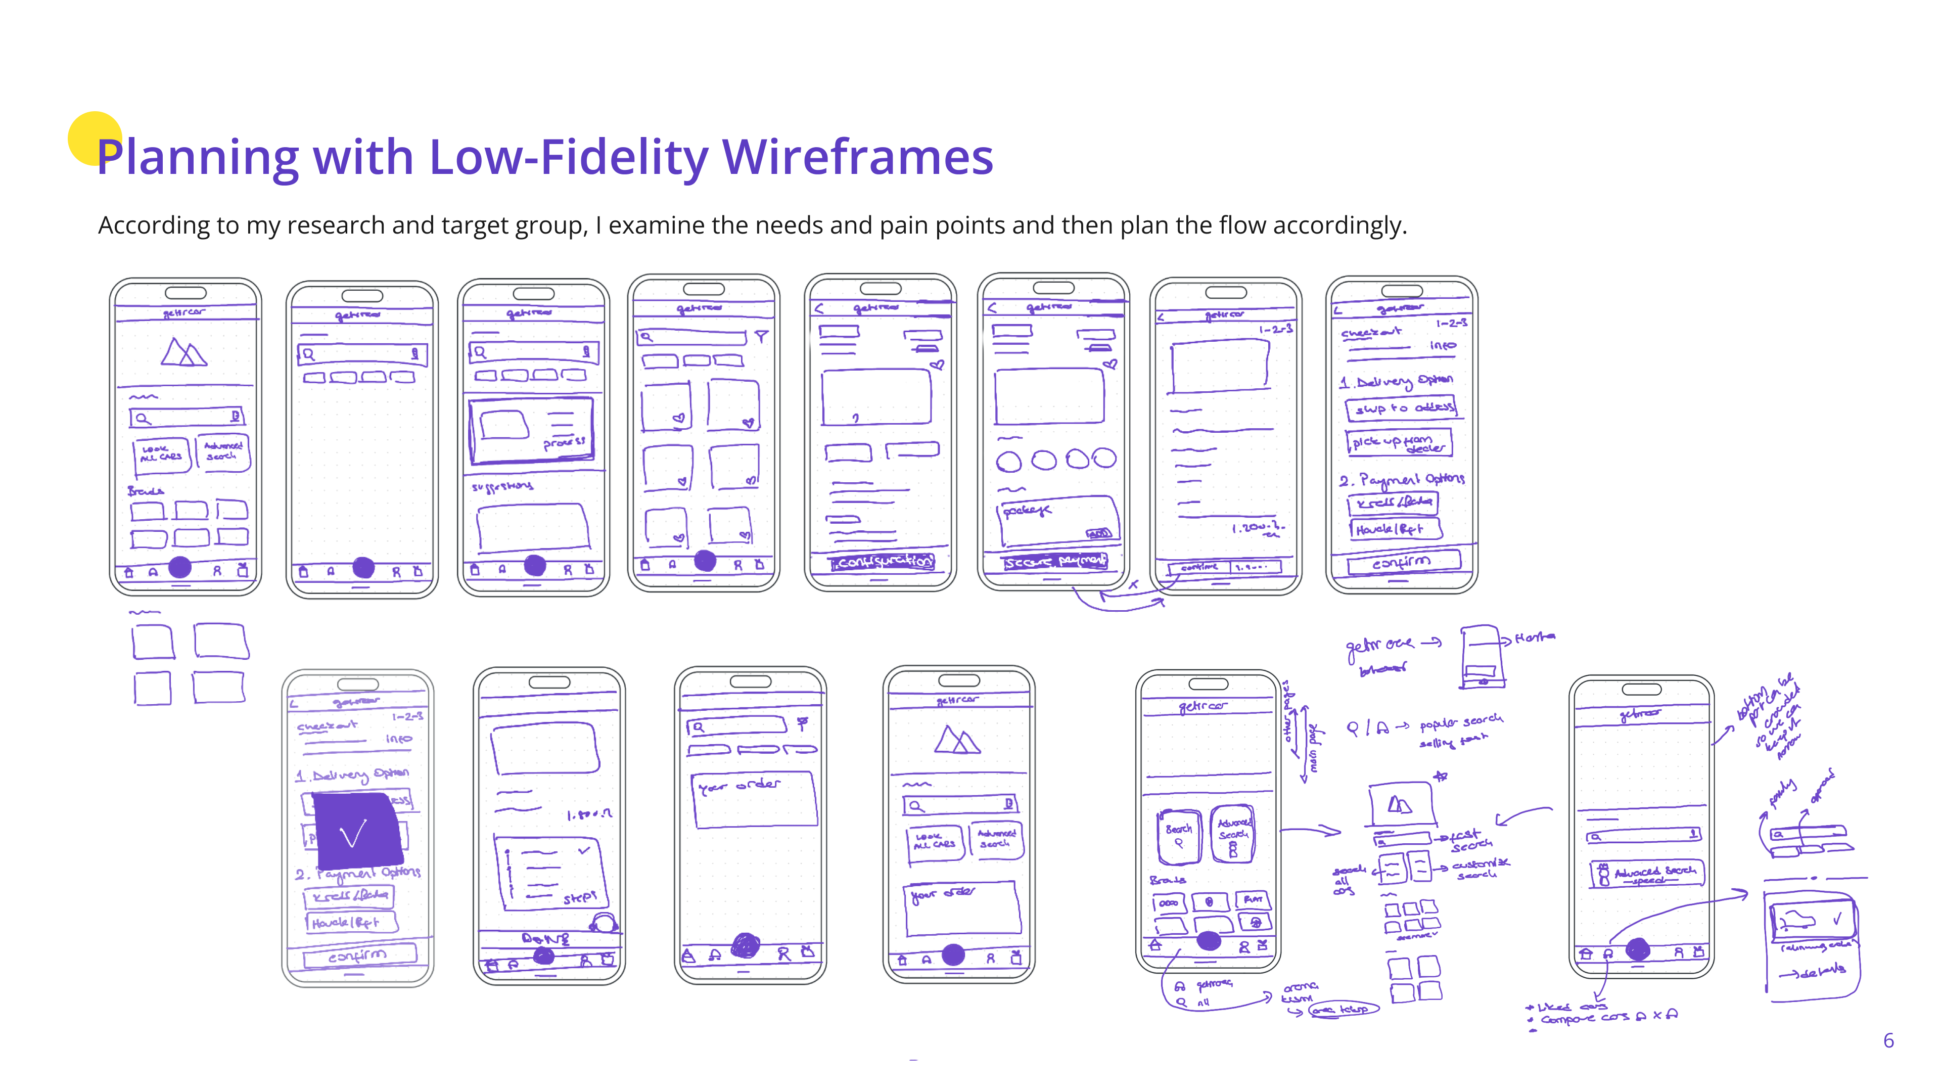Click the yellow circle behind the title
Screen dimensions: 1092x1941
tap(94, 138)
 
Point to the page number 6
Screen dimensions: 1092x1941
tap(1888, 1041)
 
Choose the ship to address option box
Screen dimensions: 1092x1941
tap(1401, 407)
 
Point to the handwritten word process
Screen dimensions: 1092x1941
tap(564, 442)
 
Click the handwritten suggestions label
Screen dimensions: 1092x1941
tap(502, 486)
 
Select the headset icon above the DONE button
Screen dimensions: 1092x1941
tap(603, 923)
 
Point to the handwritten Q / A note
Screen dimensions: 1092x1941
tap(1367, 728)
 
